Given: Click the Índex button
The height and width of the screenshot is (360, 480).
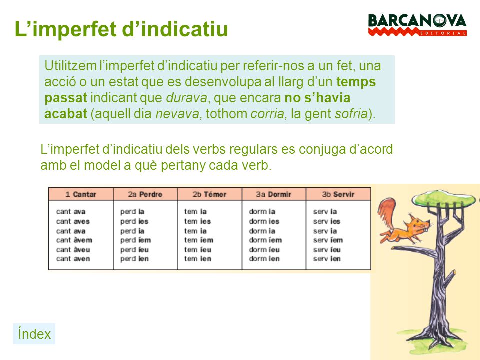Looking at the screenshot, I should coord(34,334).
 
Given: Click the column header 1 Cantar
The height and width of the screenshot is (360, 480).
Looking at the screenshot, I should coord(81,194).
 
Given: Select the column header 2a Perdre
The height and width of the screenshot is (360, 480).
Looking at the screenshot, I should coord(145,194).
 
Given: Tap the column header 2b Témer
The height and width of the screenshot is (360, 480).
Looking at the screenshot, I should coord(209,194).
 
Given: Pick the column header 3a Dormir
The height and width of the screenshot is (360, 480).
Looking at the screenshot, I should coord(273,194).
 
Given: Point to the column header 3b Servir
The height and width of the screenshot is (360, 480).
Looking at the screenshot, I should coord(338,194).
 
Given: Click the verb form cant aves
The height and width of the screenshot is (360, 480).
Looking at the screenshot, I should coord(73,221).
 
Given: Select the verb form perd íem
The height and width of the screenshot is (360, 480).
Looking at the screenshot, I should coord(135,240).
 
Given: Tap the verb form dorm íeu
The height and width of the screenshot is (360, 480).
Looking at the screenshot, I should coord(264,249).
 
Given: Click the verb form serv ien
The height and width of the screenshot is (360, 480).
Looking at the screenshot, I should coord(327,259).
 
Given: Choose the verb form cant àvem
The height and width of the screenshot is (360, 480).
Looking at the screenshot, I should coord(74,240).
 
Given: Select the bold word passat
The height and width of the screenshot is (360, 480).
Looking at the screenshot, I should coord(65,97).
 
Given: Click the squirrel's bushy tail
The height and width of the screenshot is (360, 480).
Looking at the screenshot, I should coord(387,212).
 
